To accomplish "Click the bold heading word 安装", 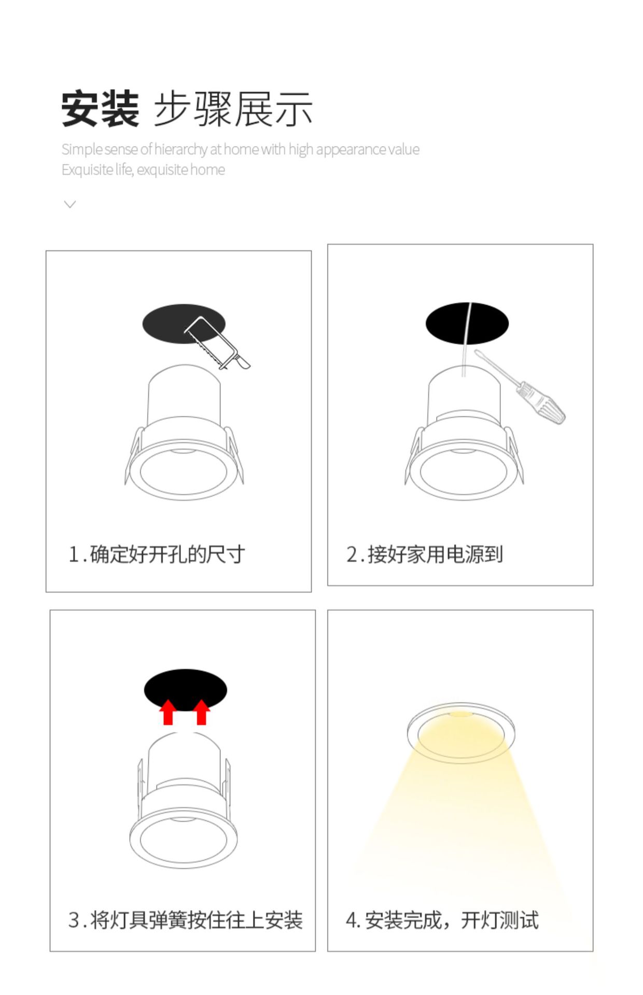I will tap(100, 108).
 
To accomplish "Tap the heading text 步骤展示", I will tap(233, 109).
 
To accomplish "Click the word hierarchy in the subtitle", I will tap(180, 149).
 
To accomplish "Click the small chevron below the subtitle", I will tap(69, 204).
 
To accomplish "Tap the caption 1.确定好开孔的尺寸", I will tap(157, 554).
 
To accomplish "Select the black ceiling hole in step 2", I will tap(446, 322).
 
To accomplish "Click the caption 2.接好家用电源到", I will tap(425, 554).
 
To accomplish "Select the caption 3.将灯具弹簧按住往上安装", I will tap(185, 920).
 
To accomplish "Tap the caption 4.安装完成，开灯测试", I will tap(442, 920).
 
